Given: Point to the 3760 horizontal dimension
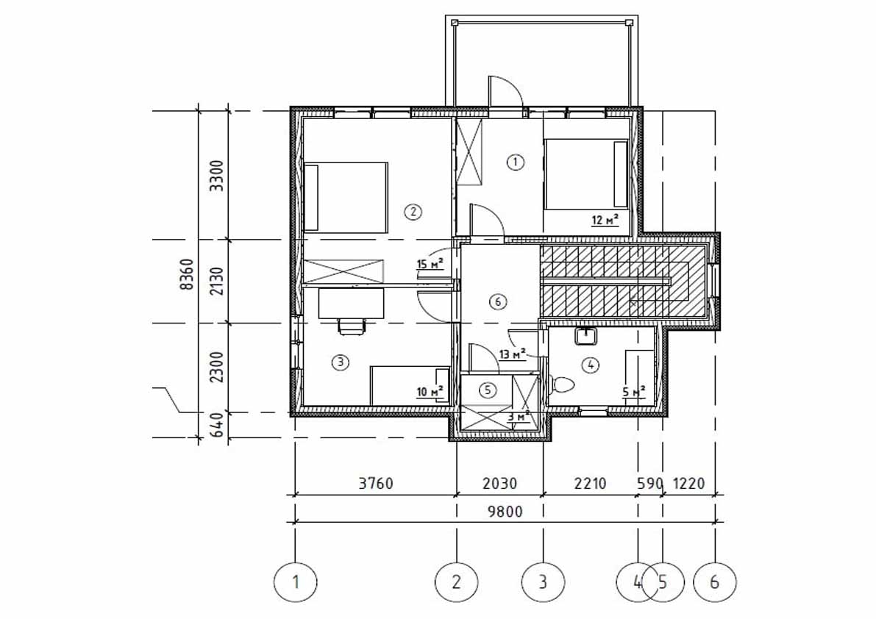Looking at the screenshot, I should click(x=376, y=484).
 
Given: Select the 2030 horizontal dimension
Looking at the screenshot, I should click(x=499, y=484).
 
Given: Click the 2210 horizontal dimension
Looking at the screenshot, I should click(x=590, y=484).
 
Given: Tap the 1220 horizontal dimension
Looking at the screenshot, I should click(x=689, y=484).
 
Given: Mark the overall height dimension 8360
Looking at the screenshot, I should click(x=188, y=274).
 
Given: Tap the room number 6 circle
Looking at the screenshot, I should click(x=497, y=301).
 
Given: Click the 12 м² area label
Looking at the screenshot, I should click(x=605, y=219).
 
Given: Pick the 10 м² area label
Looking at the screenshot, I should click(x=430, y=392).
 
